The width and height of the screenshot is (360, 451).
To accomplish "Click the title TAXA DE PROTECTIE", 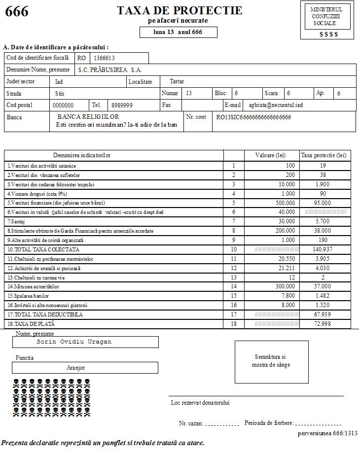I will pos(180,10).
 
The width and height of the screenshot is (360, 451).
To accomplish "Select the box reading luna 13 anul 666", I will pos(178,32).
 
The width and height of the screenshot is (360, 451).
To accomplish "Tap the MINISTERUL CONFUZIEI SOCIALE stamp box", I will pos(327,20).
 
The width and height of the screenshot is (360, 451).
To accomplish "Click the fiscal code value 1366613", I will pos(105,58).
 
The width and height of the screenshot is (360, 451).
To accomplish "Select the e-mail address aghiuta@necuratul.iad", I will pos(275,105).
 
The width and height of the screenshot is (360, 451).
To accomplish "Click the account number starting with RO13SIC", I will pos(253,117).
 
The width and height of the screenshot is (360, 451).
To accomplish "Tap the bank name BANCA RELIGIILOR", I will pos(88,117).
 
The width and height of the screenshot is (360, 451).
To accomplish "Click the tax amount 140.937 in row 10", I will pos(324,249).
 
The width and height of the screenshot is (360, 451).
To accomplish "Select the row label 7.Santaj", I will pos(15,221).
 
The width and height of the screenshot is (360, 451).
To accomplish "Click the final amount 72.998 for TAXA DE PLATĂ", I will pos(324,324).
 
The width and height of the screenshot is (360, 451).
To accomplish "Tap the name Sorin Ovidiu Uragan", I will pos(74,342).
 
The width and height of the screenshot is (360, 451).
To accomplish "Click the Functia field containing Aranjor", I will pos(75,368).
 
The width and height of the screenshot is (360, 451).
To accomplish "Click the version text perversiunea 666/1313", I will pos(327,433).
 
